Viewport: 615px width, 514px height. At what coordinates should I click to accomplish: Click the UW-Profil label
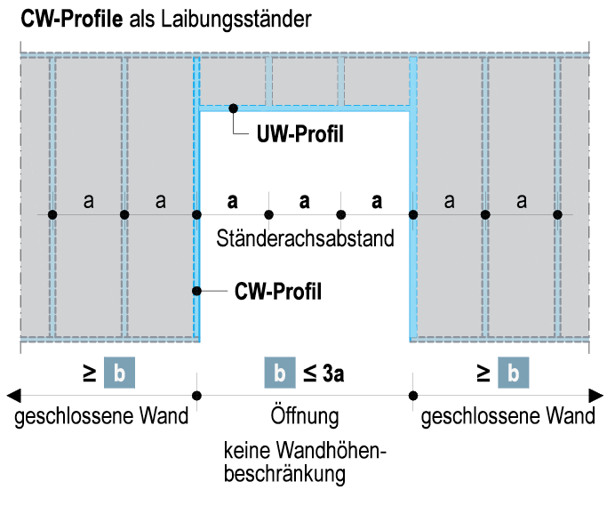[300, 134]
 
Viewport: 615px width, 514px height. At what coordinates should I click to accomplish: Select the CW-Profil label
[278, 292]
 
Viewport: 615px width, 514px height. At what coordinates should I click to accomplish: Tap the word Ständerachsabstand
[305, 238]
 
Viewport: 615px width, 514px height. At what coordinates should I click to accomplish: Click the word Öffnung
[305, 415]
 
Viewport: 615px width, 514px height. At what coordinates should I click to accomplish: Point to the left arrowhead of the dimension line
[13, 396]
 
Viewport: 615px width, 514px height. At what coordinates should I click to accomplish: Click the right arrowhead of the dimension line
[596, 396]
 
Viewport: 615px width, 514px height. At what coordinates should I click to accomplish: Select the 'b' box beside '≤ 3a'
[280, 373]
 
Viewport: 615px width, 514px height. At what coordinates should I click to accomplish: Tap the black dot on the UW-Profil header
[234, 108]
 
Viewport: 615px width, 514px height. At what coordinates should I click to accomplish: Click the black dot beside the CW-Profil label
[197, 291]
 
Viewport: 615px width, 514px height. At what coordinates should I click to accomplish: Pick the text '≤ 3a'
[323, 373]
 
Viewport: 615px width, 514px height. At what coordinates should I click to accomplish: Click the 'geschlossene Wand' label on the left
[101, 416]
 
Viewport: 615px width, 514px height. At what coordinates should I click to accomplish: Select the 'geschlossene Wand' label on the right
[508, 416]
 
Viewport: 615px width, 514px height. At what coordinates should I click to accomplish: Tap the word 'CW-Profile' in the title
[72, 19]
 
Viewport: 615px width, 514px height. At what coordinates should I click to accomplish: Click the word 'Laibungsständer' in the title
[236, 20]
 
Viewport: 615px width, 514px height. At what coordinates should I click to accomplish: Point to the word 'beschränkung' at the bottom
[284, 474]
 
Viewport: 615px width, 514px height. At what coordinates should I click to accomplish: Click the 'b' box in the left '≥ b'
[120, 373]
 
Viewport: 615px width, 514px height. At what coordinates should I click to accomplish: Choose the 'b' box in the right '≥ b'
[514, 373]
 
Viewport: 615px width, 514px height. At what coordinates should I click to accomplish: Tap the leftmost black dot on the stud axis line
[52, 214]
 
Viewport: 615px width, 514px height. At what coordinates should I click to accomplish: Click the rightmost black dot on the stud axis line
[557, 214]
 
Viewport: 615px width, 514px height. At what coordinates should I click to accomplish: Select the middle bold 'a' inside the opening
[305, 201]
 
